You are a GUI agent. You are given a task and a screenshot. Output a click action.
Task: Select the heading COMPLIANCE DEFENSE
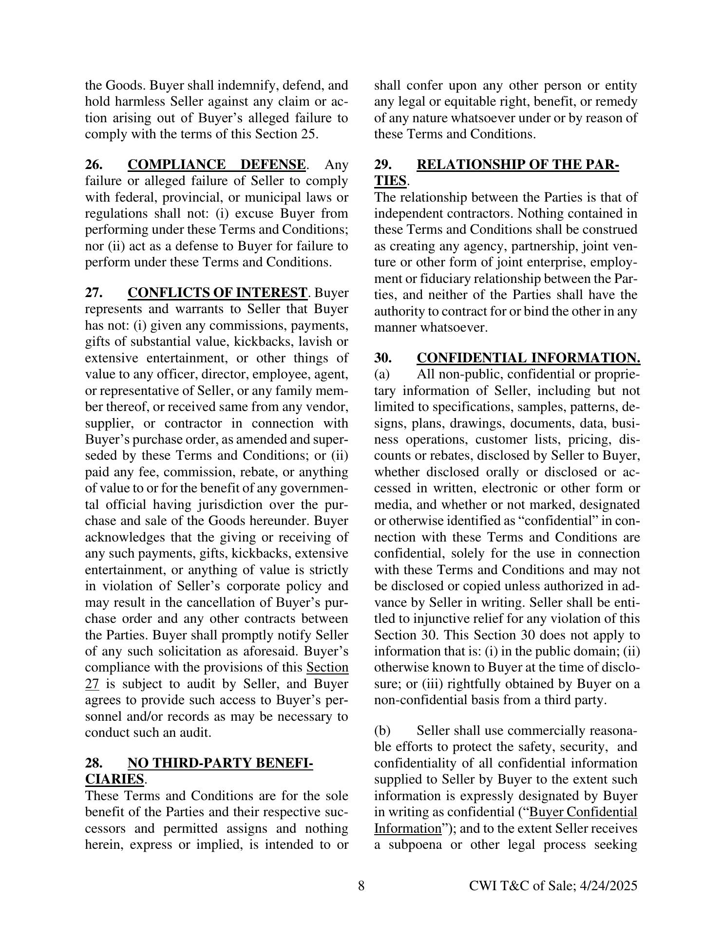(x=217, y=165)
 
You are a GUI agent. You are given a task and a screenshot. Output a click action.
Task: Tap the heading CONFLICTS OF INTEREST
(x=217, y=293)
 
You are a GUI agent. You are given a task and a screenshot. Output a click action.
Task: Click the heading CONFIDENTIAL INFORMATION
(x=529, y=358)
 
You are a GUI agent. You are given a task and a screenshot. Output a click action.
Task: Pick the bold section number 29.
(x=382, y=165)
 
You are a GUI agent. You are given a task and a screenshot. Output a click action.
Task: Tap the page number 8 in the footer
(x=361, y=885)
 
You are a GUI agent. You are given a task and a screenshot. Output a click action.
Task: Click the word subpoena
(x=415, y=844)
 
